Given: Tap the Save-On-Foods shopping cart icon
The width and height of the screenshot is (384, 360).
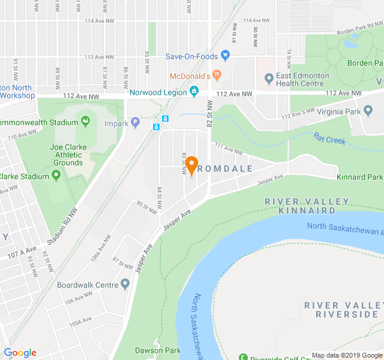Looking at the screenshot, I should (226, 56).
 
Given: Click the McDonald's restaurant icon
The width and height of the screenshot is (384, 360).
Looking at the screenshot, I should (217, 76).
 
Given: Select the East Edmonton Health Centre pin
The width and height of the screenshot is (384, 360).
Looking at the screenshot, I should (269, 77).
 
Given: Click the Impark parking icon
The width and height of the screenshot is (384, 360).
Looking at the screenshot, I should (136, 123).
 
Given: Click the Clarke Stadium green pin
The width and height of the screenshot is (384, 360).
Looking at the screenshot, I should (56, 176).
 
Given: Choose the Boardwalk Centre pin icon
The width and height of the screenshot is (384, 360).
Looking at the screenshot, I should (125, 284).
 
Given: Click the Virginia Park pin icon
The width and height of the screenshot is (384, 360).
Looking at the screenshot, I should (368, 110).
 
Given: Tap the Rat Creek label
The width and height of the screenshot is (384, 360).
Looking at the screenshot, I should (329, 140).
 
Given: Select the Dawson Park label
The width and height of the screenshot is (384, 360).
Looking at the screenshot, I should (158, 350).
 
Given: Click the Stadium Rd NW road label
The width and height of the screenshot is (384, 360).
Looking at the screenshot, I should (62, 226).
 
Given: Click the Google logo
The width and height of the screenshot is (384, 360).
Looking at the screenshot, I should (20, 353).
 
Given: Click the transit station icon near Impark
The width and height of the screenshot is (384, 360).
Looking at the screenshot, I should (156, 127).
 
